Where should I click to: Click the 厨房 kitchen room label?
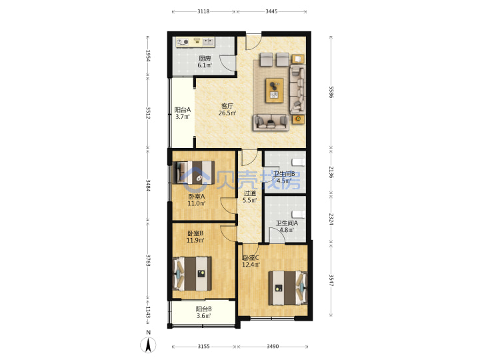205,58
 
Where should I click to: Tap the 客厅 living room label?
227,106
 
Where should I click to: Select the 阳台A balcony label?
183,109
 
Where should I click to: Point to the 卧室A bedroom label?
196,197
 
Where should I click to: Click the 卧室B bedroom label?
195,233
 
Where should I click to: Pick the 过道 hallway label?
249,193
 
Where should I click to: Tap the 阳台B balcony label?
203,309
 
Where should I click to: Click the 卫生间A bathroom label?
287,223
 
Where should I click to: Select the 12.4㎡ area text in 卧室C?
251,265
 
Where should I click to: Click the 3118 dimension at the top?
203,11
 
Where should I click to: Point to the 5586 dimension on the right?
331,92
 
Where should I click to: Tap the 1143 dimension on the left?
148,312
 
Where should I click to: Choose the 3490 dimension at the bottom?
273,346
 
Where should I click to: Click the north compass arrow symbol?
148,345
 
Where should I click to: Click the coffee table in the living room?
274,90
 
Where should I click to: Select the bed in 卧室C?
288,288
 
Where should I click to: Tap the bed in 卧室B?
192,274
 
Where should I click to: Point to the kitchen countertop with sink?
195,42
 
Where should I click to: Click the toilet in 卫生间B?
298,161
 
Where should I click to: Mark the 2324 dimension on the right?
331,219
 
